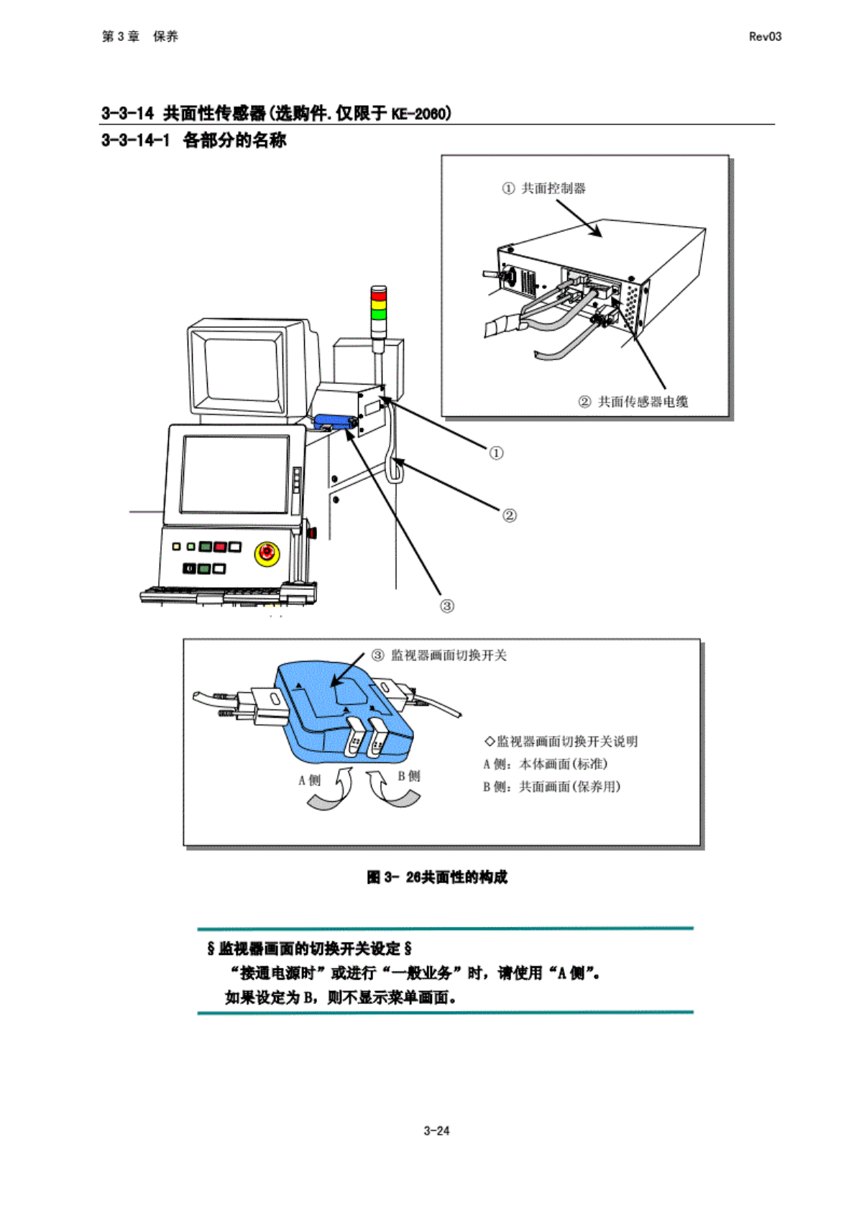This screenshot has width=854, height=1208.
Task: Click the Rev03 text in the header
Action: coord(764,37)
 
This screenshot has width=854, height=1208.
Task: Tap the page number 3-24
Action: coord(436,1130)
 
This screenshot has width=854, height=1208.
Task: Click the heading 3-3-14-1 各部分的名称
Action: coord(193,140)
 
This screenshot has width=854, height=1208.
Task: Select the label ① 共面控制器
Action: coord(544,188)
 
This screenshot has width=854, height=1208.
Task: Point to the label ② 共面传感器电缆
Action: coord(633,402)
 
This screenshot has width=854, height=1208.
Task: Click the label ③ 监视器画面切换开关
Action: coord(439,655)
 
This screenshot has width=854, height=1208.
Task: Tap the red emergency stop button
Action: coord(266,553)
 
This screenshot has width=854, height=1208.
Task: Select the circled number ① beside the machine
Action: coord(496,453)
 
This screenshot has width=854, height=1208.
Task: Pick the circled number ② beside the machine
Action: coord(509,515)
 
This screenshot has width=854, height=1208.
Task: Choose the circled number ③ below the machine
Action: coord(446,606)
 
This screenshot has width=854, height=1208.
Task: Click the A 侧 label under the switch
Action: coord(309,780)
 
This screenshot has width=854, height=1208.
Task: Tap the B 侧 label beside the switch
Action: coord(409,776)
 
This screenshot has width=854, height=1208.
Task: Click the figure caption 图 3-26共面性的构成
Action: coord(436,877)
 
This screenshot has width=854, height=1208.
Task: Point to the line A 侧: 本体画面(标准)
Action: coord(545,764)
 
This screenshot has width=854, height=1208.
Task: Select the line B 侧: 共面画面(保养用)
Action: coord(551,787)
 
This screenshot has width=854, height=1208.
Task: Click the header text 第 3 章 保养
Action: coord(139,37)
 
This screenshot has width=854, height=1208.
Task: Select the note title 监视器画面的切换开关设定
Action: coord(309,949)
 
